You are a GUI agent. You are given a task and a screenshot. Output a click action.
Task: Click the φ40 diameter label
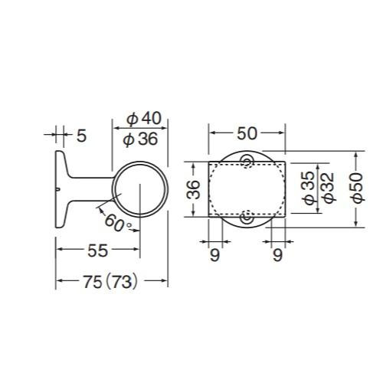click(x=144, y=118)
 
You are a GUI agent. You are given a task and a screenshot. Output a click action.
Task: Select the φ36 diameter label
click(x=140, y=139)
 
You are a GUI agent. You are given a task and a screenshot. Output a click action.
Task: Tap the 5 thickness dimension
click(x=81, y=136)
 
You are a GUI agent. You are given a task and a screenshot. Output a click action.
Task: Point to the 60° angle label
click(x=118, y=223)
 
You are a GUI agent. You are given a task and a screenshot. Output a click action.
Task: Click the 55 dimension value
click(x=98, y=250)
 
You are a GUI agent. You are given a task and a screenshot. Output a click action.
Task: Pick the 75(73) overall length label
click(x=110, y=282)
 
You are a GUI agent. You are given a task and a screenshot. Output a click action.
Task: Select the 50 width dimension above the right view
click(x=247, y=133)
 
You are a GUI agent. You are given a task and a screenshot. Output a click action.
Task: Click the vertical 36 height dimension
click(x=193, y=189)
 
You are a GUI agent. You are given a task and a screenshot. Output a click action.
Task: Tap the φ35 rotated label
click(x=309, y=188)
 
